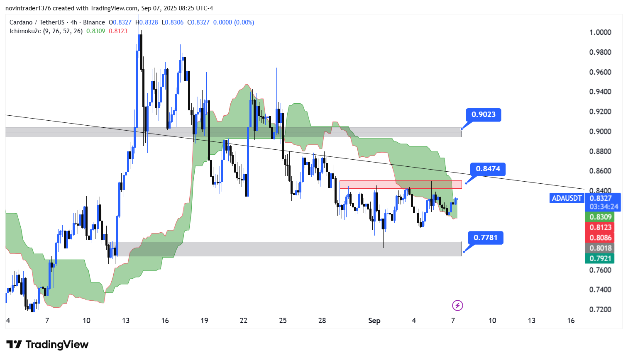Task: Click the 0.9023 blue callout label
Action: coord(484,114)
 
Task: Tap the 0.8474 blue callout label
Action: coord(488,169)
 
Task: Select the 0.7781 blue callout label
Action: coord(485,238)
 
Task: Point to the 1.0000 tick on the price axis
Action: coord(600,32)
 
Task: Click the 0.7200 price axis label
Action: coord(600,309)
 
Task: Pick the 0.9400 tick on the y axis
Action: coord(600,92)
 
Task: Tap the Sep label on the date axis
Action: coord(374,321)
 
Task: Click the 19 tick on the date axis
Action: coord(204,321)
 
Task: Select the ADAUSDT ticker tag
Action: coord(567,198)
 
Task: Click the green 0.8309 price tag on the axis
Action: coord(601,217)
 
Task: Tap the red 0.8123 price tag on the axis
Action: coord(601,227)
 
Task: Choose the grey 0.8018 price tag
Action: coord(601,248)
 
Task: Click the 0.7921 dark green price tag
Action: coord(601,258)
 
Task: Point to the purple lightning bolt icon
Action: coord(457,306)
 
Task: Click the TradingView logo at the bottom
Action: coord(47,345)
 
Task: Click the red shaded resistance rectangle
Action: coord(400,184)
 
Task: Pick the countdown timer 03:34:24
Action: coord(604,207)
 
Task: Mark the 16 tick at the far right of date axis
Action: coord(571,321)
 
